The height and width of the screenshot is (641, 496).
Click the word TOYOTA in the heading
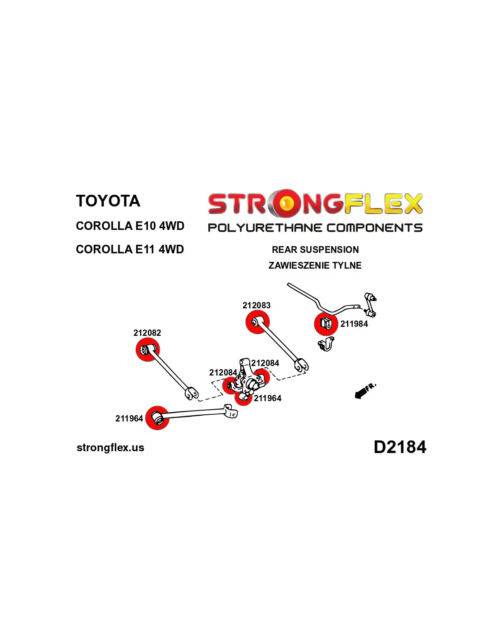[x=108, y=201]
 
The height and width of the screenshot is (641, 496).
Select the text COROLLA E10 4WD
[x=130, y=226]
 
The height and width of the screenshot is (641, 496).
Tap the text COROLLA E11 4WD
[x=130, y=249]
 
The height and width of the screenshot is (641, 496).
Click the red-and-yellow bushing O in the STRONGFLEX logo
[x=285, y=203]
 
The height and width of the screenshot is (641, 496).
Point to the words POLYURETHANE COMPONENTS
[x=315, y=228]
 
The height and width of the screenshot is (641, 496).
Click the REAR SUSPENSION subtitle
[x=315, y=250]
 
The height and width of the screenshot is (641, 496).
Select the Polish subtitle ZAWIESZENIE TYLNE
[x=315, y=265]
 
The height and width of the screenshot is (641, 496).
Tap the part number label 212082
[x=147, y=333]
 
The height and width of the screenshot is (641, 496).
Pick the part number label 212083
[x=257, y=305]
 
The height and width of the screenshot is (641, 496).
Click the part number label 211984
[x=354, y=324]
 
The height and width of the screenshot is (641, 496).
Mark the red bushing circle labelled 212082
[x=147, y=350]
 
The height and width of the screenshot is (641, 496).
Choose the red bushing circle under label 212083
[x=257, y=322]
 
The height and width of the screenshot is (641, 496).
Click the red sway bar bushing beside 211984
[x=326, y=324]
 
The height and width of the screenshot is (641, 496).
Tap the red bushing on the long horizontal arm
[x=157, y=418]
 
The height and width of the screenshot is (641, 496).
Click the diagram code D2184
[x=400, y=447]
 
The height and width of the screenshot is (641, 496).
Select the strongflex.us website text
[x=110, y=448]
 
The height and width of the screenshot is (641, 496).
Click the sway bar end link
[x=370, y=305]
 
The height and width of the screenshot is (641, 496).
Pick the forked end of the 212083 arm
[x=302, y=365]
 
